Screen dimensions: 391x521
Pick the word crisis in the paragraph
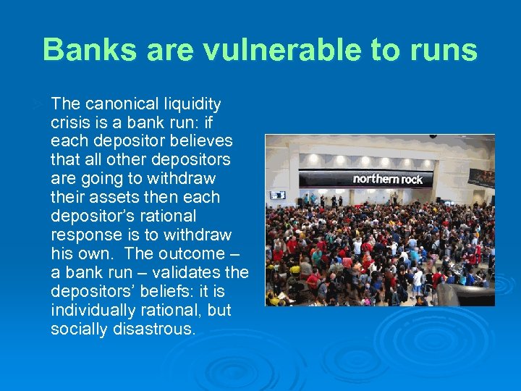point(70,122)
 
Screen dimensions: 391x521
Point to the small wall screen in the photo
point(278,194)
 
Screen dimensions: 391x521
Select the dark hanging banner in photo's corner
point(481,177)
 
